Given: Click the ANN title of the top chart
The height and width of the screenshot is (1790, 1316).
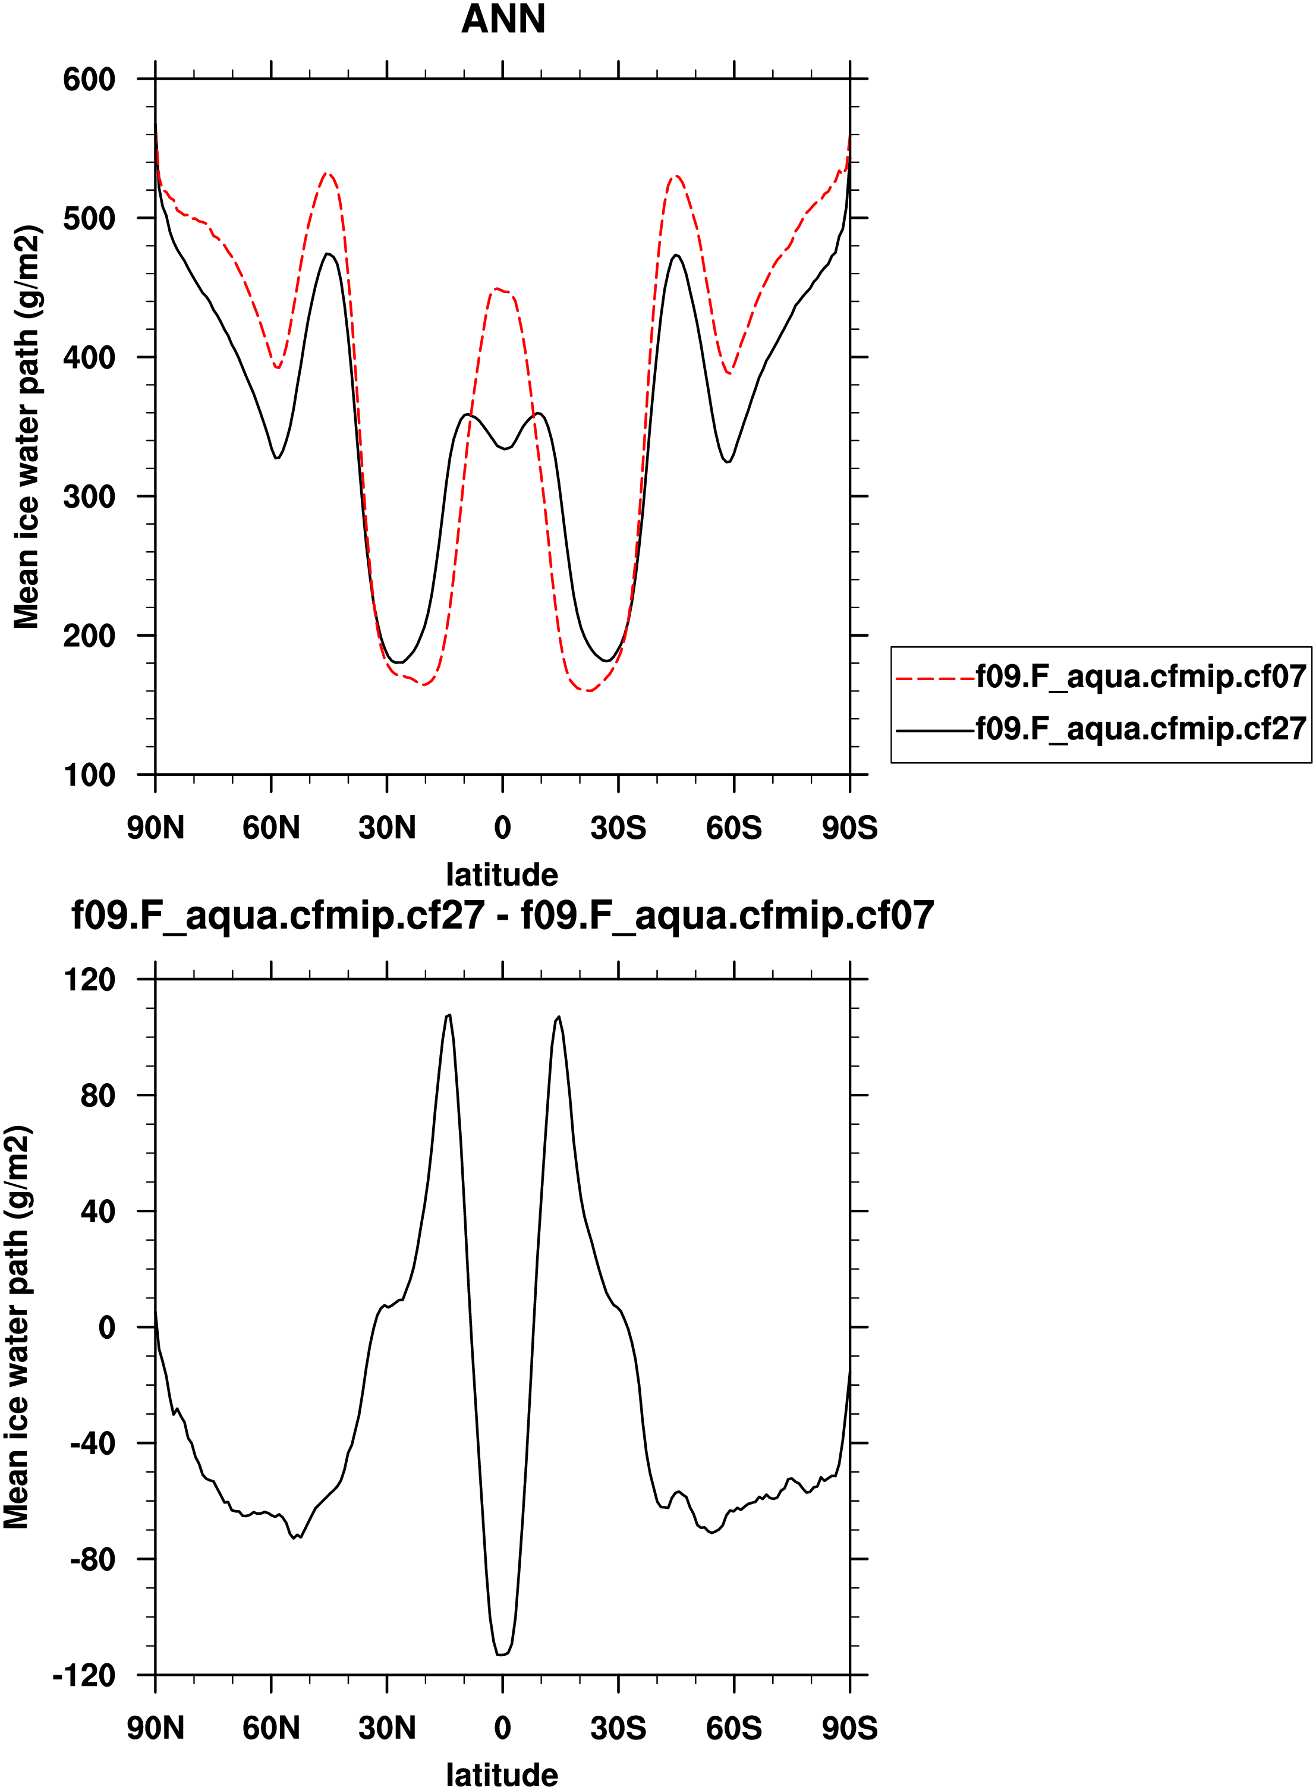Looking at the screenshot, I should click(503, 19).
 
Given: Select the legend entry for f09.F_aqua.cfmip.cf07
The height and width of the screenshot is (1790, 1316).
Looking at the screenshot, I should click(1141, 677).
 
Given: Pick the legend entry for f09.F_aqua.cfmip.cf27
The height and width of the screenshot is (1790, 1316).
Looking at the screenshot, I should click(1141, 728).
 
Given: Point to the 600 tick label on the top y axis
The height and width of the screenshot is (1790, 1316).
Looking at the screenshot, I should click(89, 80).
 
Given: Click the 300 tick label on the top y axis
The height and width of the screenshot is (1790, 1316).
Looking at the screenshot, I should click(89, 496).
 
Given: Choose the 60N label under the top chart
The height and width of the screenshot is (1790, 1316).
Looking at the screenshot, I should click(271, 828).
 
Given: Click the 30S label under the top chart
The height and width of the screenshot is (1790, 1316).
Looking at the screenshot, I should click(618, 828).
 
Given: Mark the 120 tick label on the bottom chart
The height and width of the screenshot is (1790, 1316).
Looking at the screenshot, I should click(89, 980).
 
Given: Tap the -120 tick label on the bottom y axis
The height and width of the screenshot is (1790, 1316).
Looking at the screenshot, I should click(84, 1675).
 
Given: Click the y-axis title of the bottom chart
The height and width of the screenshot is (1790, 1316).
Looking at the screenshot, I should click(17, 1327).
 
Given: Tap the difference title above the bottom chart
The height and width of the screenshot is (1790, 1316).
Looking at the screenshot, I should click(503, 916).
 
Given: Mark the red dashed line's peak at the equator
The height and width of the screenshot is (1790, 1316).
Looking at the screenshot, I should click(497, 289).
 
